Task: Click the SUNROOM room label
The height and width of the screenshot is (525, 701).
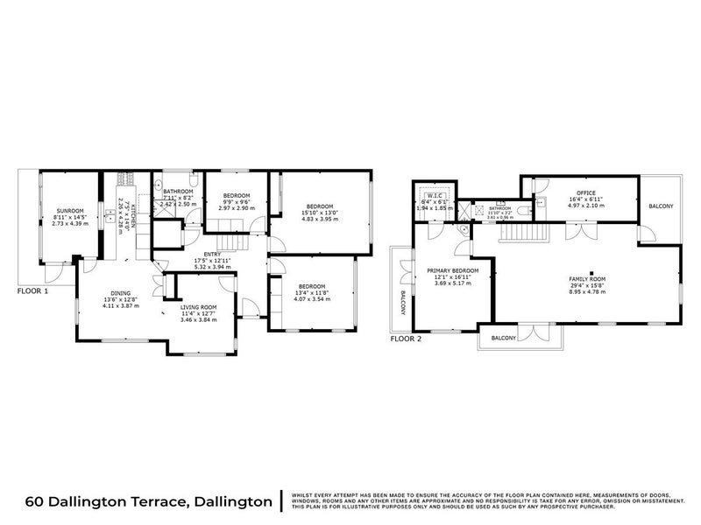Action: point(70,211)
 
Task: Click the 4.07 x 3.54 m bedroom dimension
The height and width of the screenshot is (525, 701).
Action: point(311,299)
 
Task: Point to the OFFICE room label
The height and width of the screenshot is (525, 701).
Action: point(586,192)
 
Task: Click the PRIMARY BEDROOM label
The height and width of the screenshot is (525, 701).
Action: point(453,271)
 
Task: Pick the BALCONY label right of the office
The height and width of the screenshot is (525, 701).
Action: point(661,206)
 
